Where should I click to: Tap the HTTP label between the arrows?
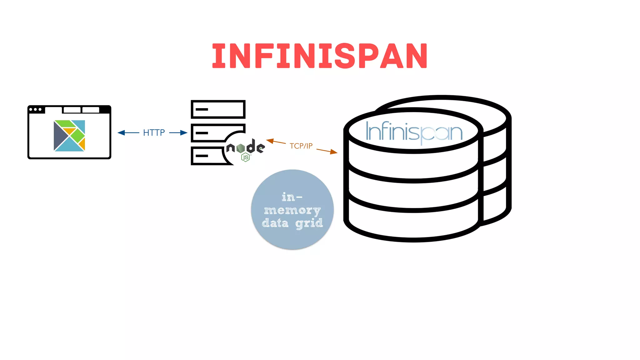click(x=154, y=133)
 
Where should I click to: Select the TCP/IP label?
click(x=301, y=146)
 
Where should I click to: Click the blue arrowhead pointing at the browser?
click(x=121, y=133)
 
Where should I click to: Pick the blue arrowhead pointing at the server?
click(x=184, y=133)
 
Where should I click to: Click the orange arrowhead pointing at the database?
click(x=334, y=152)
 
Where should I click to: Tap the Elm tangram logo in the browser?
click(x=69, y=136)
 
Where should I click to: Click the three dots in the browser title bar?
click(x=35, y=109)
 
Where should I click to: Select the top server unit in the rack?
click(x=218, y=109)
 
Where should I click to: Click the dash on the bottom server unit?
click(x=202, y=156)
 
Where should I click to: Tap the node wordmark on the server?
click(x=246, y=147)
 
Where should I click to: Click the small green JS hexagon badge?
click(x=246, y=158)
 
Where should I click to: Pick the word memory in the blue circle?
click(x=292, y=211)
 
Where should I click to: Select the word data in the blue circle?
click(x=275, y=223)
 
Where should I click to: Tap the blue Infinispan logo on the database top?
click(x=414, y=132)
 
